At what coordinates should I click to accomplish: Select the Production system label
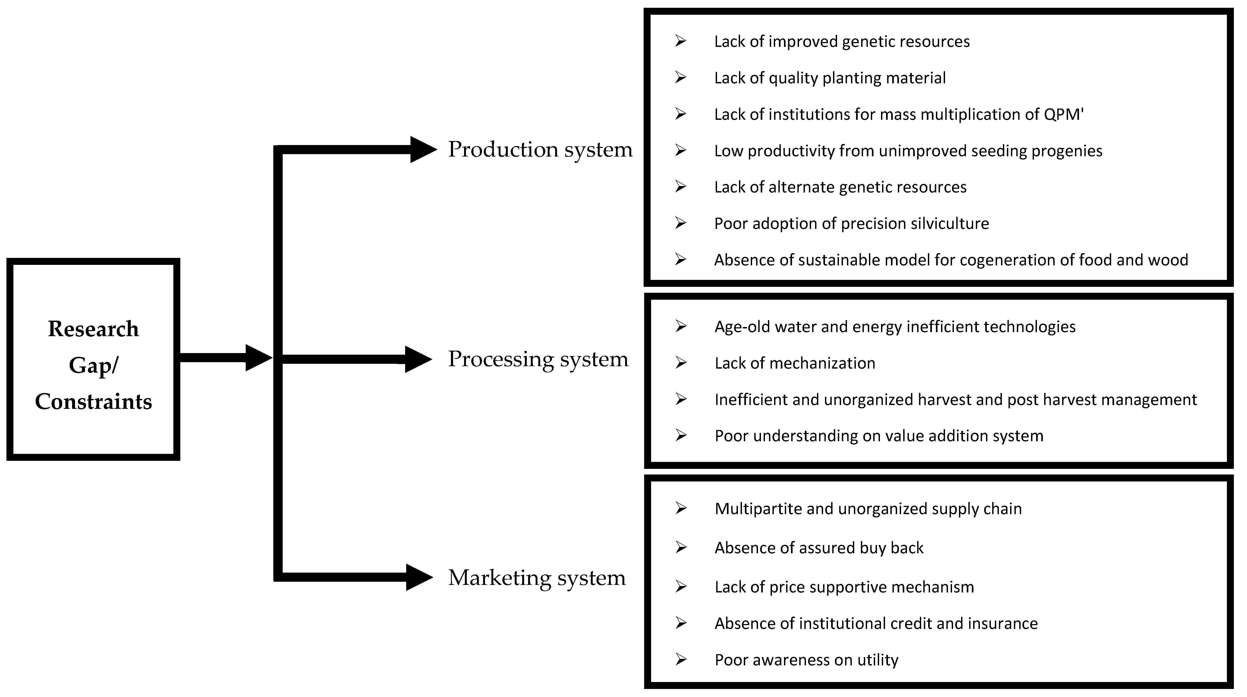click(x=540, y=149)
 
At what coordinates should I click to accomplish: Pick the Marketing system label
click(x=536, y=577)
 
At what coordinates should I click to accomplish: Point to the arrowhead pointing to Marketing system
click(x=418, y=577)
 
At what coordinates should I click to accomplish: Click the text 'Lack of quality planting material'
click(x=830, y=78)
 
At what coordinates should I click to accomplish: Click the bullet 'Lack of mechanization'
click(x=795, y=363)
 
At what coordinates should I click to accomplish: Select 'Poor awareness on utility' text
click(x=807, y=660)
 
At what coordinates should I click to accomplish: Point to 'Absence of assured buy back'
click(x=819, y=548)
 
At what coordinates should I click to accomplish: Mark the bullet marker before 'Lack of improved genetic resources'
click(x=681, y=41)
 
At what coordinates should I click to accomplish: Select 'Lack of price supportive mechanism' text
click(x=844, y=587)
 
